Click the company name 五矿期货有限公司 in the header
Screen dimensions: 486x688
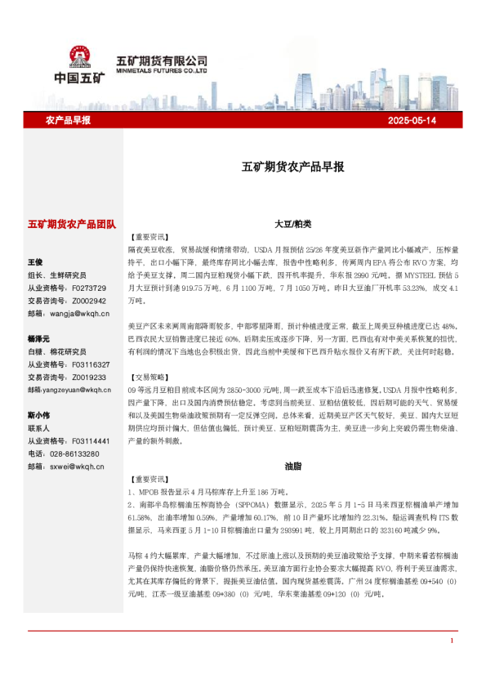click(x=161, y=60)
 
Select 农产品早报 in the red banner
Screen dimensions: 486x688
click(x=67, y=120)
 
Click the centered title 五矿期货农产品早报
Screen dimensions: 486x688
click(x=292, y=167)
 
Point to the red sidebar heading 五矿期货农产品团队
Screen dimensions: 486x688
click(x=72, y=223)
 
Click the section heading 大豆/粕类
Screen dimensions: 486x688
click(x=292, y=223)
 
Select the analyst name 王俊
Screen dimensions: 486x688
click(x=35, y=262)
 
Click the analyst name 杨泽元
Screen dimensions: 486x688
click(x=39, y=338)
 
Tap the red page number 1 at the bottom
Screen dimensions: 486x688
click(x=452, y=663)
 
